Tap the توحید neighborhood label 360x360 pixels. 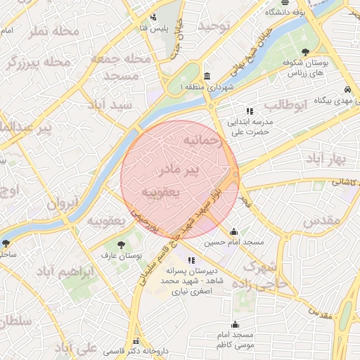(x=214, y=26)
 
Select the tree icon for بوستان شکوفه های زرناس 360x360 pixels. (x=304, y=52)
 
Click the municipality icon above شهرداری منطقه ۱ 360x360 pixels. (x=206, y=76)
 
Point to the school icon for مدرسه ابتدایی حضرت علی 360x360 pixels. (x=249, y=111)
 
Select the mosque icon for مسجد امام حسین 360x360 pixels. (x=234, y=232)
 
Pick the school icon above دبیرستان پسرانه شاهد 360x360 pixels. (x=172, y=261)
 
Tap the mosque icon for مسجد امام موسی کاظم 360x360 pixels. (x=235, y=325)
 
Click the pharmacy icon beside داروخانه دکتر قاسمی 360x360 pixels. (x=135, y=341)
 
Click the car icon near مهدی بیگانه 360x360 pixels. (x=347, y=90)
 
